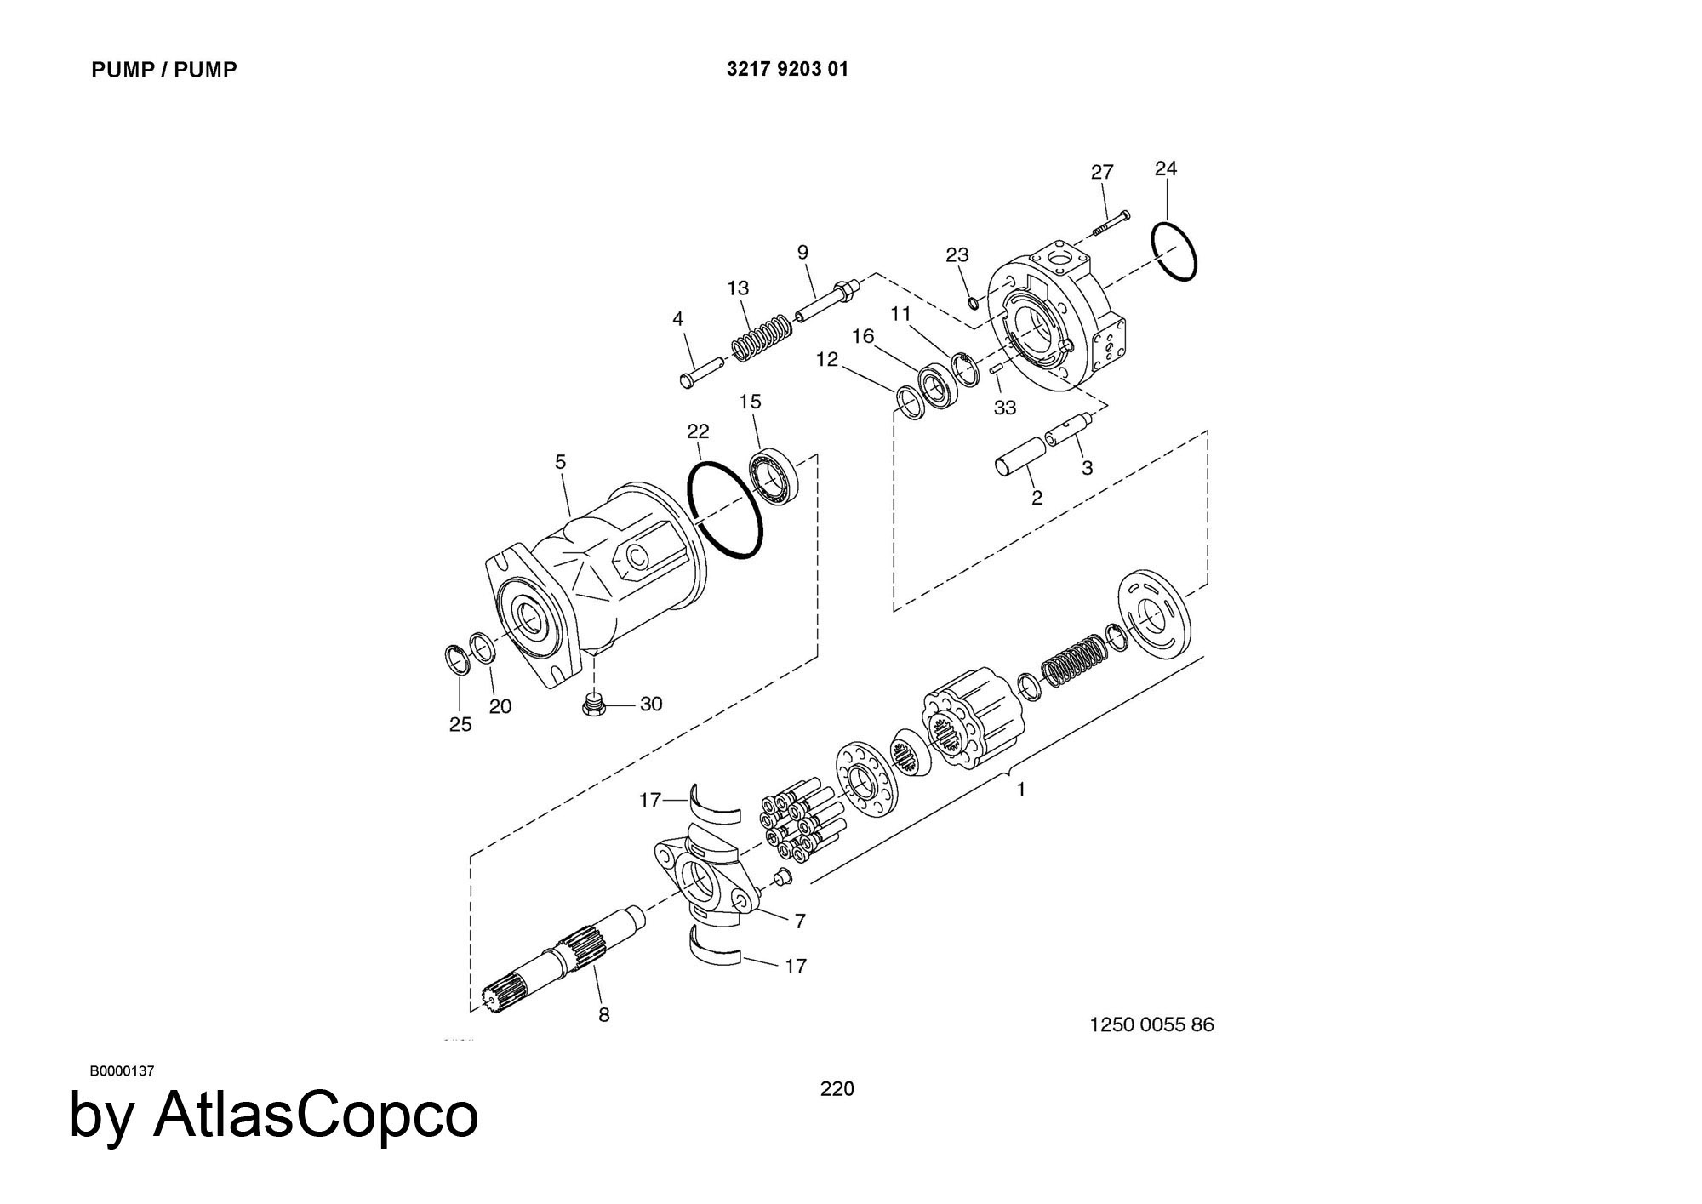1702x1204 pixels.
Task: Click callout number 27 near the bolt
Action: point(1102,172)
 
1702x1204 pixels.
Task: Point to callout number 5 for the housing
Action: point(560,462)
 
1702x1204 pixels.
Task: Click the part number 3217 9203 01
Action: point(787,70)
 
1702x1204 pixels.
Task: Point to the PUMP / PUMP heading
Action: point(164,70)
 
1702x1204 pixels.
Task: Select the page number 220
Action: point(837,1088)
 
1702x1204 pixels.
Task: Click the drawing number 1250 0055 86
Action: point(1151,1024)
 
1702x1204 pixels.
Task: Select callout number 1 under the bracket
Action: point(1020,790)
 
